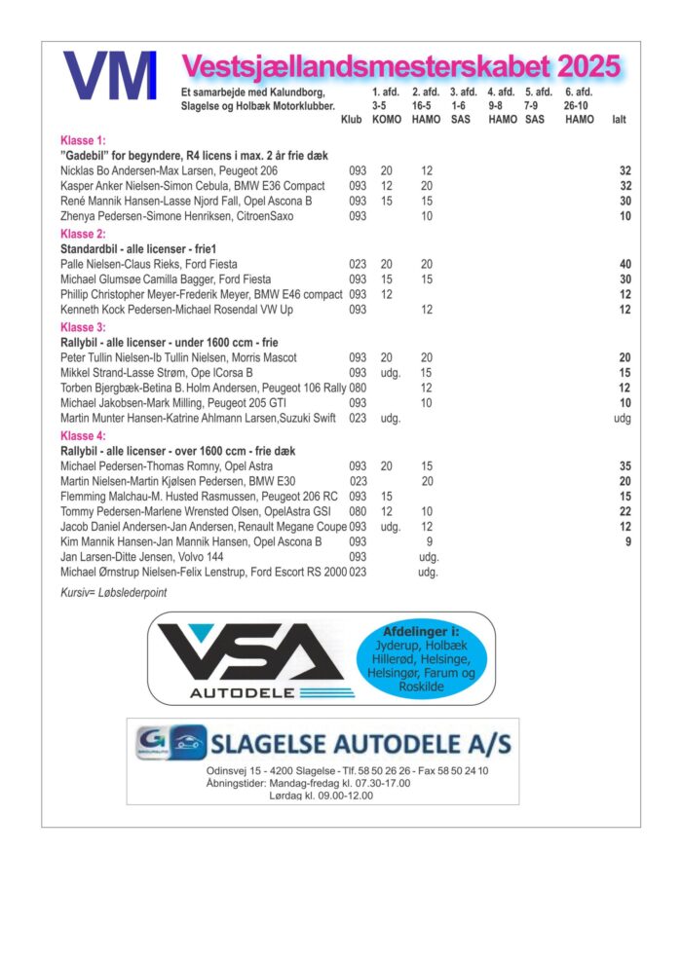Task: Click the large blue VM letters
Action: (x=110, y=76)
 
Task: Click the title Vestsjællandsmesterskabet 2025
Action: (x=400, y=66)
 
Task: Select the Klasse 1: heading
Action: (x=83, y=140)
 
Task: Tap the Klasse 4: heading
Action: (x=83, y=436)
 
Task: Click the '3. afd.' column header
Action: (x=463, y=93)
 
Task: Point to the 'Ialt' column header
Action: (x=619, y=120)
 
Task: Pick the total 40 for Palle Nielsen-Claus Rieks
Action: (x=625, y=264)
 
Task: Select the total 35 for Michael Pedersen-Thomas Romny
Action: (x=625, y=466)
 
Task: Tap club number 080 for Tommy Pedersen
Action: (x=358, y=512)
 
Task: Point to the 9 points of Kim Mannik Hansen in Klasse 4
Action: (x=429, y=541)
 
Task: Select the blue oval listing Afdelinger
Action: (x=429, y=659)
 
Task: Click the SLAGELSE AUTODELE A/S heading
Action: (x=360, y=744)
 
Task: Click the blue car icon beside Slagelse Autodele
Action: (x=188, y=741)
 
